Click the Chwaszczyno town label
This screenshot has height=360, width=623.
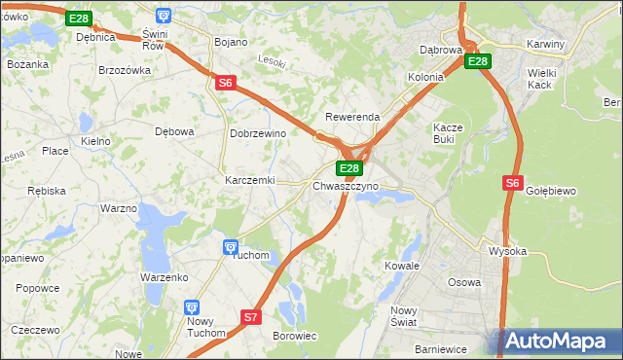(346, 185)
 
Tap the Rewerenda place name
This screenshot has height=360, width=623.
(351, 117)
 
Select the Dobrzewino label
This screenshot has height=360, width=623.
(257, 133)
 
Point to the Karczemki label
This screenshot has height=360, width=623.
(250, 181)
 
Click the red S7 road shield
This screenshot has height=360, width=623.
(251, 317)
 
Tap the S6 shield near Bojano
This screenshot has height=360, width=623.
(226, 84)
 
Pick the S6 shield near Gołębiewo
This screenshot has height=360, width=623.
(513, 182)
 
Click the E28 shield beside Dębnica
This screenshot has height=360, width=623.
(80, 19)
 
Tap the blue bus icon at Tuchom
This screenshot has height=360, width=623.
(231, 248)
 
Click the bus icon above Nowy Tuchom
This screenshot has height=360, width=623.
(193, 306)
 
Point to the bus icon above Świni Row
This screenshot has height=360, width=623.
(163, 17)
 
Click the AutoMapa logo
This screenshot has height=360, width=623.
(559, 342)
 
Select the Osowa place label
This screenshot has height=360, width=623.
(463, 282)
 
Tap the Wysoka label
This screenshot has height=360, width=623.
(507, 251)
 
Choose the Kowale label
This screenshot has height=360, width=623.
(401, 265)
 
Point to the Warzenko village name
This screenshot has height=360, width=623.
(164, 277)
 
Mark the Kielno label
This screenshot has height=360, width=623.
(95, 141)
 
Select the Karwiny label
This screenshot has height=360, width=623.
(545, 45)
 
